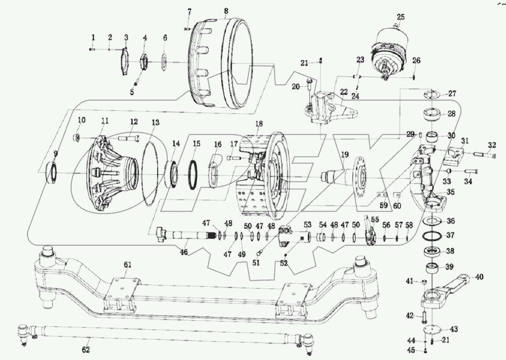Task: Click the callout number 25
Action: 401,17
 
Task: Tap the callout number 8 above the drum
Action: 226,11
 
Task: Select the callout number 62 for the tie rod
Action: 86,349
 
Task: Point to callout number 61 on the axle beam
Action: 128,264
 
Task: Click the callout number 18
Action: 259,124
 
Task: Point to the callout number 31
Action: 465,141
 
